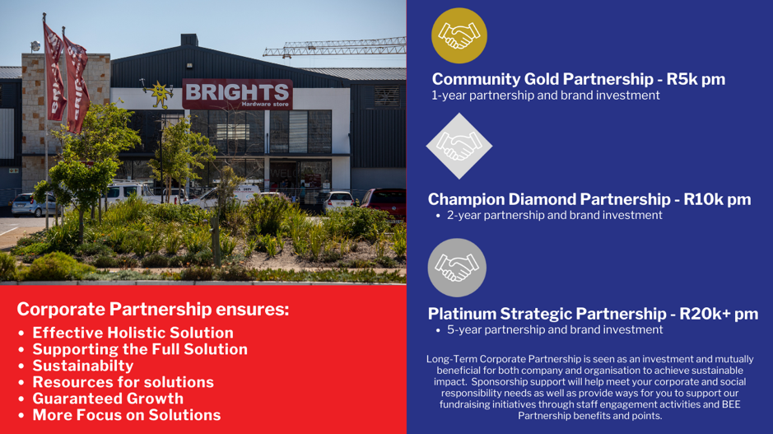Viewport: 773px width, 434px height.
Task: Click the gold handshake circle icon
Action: (x=459, y=35)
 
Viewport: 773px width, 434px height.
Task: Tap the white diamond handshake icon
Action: (x=459, y=146)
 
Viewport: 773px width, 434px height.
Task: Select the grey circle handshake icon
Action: (x=457, y=268)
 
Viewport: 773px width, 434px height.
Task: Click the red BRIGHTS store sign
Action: (x=237, y=94)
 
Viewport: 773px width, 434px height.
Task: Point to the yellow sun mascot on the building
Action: (x=159, y=94)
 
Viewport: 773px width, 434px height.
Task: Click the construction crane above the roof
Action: (x=335, y=48)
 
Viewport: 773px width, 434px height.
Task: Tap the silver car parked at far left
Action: (x=34, y=204)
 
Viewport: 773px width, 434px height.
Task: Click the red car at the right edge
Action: (x=384, y=203)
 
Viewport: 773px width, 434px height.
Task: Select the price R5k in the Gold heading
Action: (x=682, y=79)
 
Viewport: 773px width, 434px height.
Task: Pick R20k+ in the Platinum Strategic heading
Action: (x=705, y=314)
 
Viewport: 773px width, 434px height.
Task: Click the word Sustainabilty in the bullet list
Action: (x=83, y=366)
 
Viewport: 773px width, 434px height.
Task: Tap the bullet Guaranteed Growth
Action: (x=108, y=399)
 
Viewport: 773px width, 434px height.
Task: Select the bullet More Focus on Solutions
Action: (x=127, y=415)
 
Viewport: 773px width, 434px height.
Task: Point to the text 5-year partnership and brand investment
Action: (x=555, y=329)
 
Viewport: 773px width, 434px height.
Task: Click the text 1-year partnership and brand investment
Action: (x=545, y=96)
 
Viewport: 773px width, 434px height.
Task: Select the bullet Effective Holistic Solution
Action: (x=133, y=333)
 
